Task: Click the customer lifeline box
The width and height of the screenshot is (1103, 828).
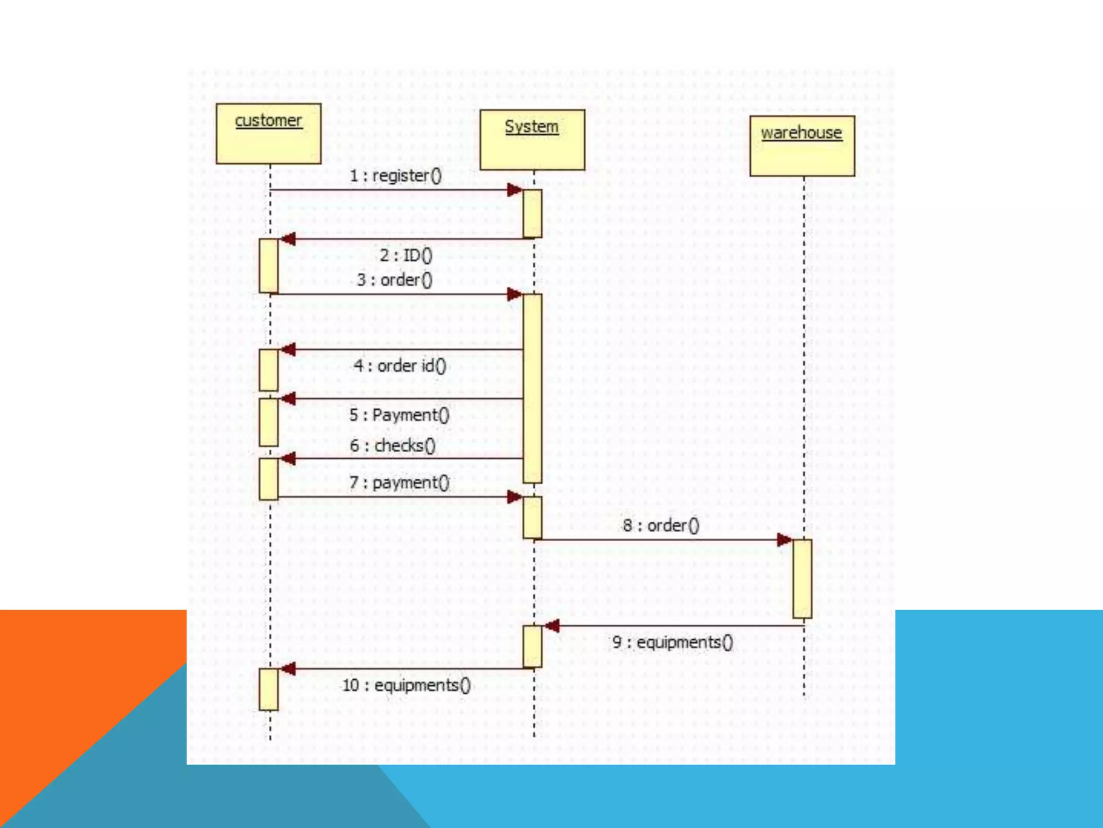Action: coord(268,134)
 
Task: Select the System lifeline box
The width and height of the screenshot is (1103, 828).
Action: coord(532,140)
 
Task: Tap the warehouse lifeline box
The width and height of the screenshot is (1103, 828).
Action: coord(802,146)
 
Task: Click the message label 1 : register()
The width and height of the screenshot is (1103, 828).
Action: coord(395,176)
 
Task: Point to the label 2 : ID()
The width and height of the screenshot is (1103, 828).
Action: coord(406,255)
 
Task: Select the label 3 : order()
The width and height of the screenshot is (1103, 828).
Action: coord(394,280)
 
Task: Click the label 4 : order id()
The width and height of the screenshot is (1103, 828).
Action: coord(400,366)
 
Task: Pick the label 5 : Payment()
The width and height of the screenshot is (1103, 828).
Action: coord(399,415)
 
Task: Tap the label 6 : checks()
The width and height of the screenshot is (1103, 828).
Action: coord(393,446)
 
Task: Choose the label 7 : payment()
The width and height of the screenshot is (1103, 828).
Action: coord(399,482)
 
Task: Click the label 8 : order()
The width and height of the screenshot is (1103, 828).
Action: coord(661,525)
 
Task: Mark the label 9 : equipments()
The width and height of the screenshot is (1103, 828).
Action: coord(673,642)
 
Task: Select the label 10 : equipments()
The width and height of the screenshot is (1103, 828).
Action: coord(406,685)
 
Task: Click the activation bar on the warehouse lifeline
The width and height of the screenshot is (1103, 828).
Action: coord(802,578)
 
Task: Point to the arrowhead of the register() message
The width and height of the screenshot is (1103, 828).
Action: coord(515,190)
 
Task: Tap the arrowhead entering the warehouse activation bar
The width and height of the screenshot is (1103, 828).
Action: coord(785,540)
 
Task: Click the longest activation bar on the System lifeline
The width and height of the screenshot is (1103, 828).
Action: coord(532,388)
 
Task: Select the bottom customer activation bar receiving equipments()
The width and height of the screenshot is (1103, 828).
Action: coord(269,689)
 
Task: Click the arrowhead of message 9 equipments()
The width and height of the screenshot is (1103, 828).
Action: coord(551,626)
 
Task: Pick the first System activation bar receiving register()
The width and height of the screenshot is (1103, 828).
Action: coord(532,213)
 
